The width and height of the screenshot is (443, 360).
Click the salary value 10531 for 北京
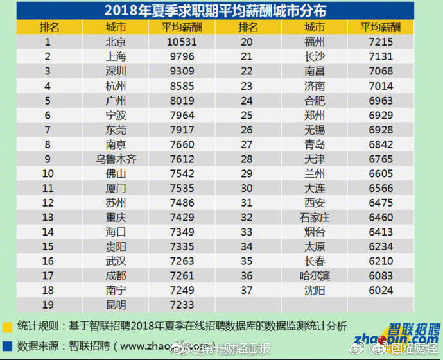(182, 42)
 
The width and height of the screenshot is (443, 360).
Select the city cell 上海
(116, 56)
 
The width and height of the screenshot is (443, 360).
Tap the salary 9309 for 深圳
(182, 71)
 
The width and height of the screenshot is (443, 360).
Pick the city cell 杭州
(116, 86)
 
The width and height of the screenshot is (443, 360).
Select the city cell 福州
(314, 42)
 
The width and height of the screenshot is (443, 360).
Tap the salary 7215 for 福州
(380, 42)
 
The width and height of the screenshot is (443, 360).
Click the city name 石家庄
(314, 218)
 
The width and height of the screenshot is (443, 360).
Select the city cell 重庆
(116, 218)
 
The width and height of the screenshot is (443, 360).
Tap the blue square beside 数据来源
(7, 346)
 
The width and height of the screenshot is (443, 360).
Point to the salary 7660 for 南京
(182, 144)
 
